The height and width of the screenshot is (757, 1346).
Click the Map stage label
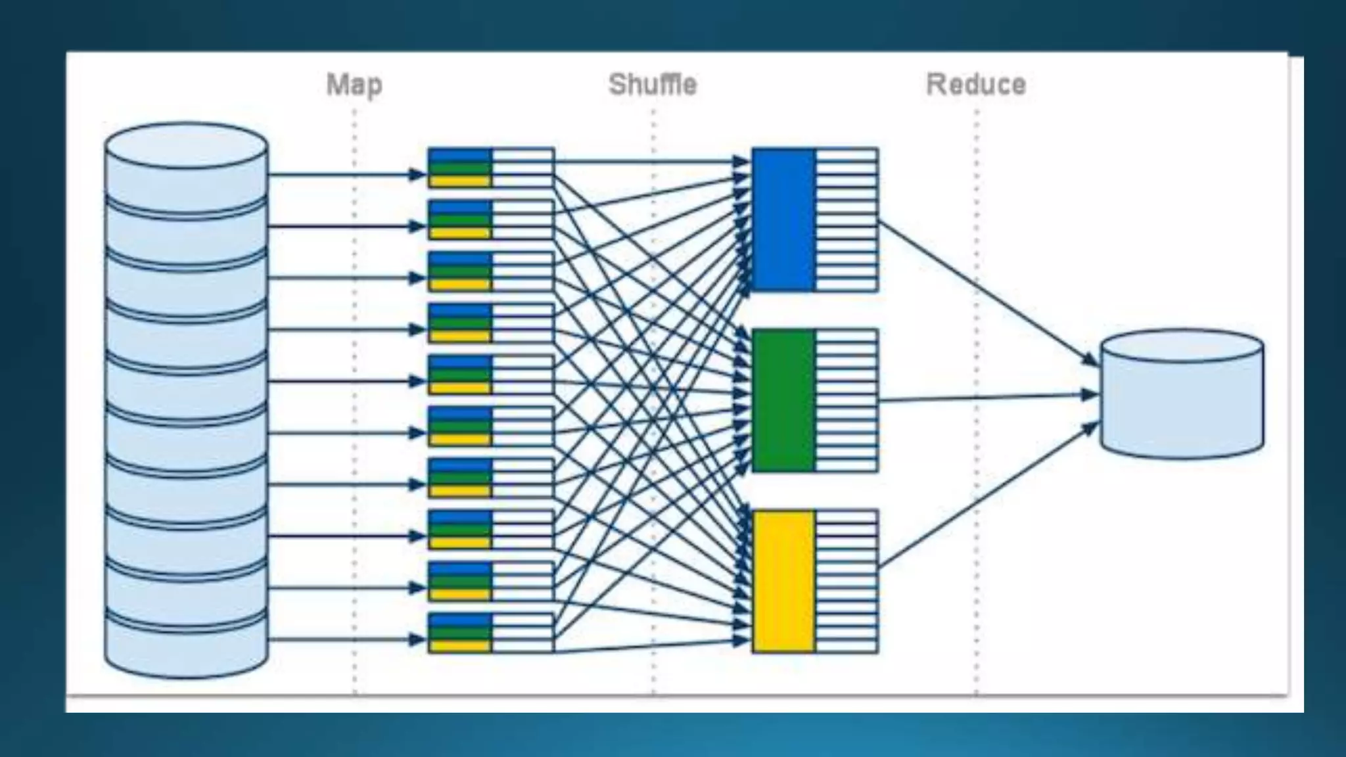click(354, 85)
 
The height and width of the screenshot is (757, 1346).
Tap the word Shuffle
click(652, 85)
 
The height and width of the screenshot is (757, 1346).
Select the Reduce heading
click(975, 85)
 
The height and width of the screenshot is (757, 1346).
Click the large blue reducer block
click(783, 219)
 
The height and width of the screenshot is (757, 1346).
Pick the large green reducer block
click(783, 400)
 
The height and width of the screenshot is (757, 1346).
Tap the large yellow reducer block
click(783, 581)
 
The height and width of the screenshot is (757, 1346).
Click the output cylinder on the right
click(1182, 394)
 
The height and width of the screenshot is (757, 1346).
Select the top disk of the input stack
click(186, 164)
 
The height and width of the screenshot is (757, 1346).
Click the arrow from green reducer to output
click(986, 398)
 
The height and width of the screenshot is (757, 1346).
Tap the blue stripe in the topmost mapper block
click(459, 155)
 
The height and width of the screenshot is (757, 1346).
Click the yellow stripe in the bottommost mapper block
click(459, 646)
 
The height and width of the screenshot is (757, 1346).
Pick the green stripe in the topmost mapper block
click(459, 168)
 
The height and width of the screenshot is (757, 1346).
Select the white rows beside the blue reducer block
click(847, 219)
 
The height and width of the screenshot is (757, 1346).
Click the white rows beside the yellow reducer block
click(847, 581)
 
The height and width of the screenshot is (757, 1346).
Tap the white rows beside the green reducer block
click(847, 400)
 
